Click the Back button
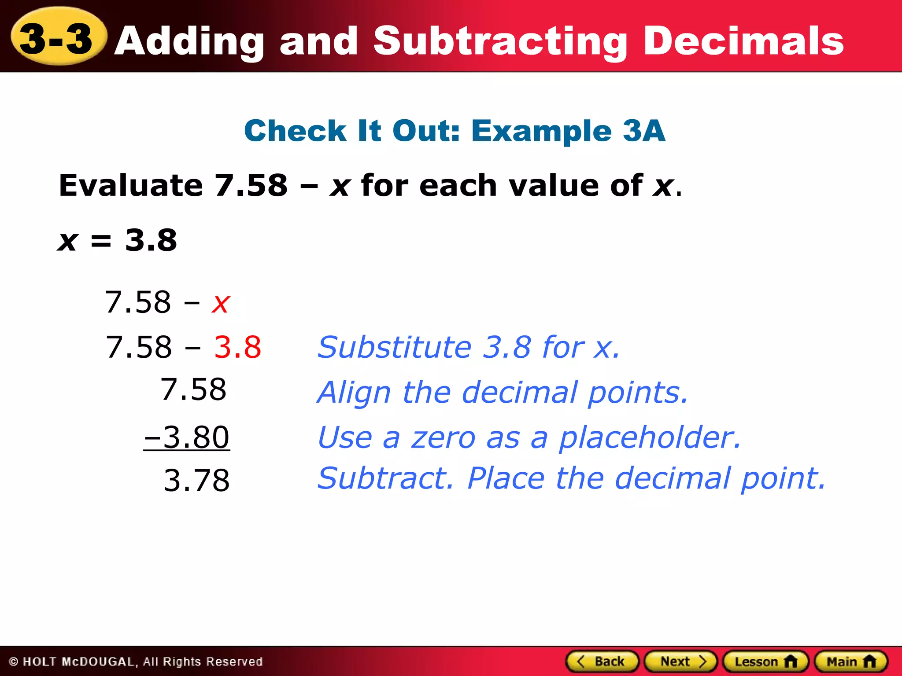[x=602, y=661]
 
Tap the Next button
[x=680, y=661]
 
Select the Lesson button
[x=765, y=661]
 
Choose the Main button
[x=851, y=661]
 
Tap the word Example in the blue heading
[x=541, y=131]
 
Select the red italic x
[x=221, y=303]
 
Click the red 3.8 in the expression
[x=237, y=347]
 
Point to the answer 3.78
[x=196, y=480]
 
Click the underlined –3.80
[x=187, y=437]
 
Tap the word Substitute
[x=395, y=347]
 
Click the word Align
[x=354, y=392]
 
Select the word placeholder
[x=650, y=438]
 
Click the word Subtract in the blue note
[x=385, y=478]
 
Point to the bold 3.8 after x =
[x=151, y=240]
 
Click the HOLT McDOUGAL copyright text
[x=136, y=662]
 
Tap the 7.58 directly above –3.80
[x=193, y=389]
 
